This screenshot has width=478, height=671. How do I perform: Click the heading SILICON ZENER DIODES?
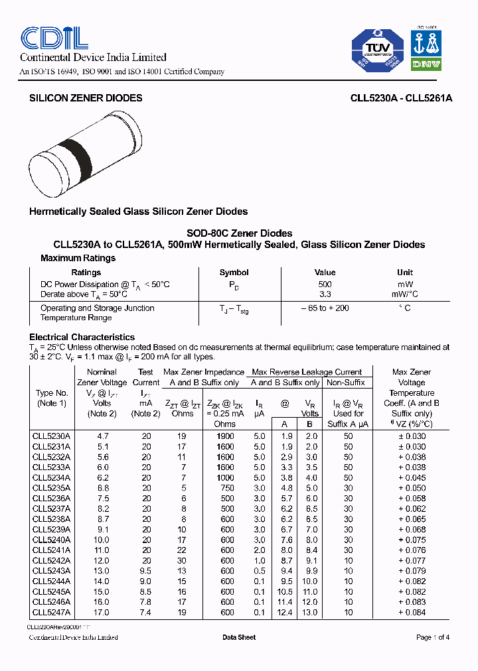[86, 97]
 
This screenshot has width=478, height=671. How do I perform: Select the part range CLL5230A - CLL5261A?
[401, 97]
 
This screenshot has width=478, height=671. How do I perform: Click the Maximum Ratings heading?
[78, 258]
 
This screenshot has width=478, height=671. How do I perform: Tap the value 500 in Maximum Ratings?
[325, 284]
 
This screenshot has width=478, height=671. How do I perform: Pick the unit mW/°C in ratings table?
[404, 294]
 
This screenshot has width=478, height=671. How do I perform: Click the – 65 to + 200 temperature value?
[325, 308]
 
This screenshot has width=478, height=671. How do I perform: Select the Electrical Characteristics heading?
[82, 337]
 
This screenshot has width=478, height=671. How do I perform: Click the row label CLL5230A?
[51, 436]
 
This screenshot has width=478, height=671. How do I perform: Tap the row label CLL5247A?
[51, 612]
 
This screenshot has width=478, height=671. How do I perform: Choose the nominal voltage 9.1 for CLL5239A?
[102, 529]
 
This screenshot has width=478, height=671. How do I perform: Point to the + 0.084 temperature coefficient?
[412, 612]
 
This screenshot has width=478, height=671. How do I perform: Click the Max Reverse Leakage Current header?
[307, 372]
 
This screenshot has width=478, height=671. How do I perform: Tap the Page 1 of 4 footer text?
[432, 637]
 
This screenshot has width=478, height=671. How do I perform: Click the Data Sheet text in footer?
[239, 637]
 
